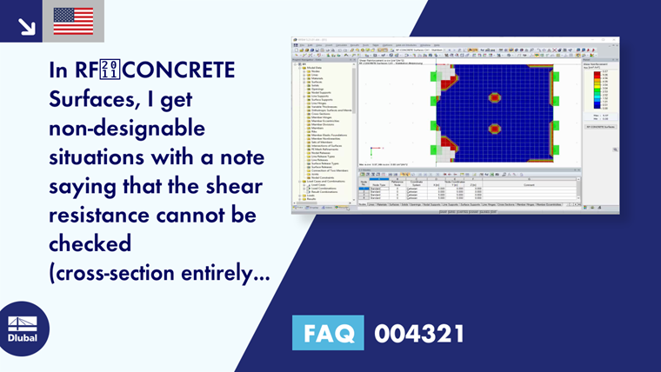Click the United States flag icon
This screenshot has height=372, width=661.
pyautogui.click(x=73, y=21)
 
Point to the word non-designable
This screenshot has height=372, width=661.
pyautogui.click(x=127, y=130)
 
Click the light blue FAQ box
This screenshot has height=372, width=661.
pyautogui.click(x=329, y=334)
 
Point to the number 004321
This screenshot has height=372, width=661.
pyautogui.click(x=419, y=334)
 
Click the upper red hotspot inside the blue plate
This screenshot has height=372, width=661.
pyautogui.click(x=494, y=97)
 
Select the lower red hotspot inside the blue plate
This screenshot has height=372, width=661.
pyautogui.click(x=494, y=129)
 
